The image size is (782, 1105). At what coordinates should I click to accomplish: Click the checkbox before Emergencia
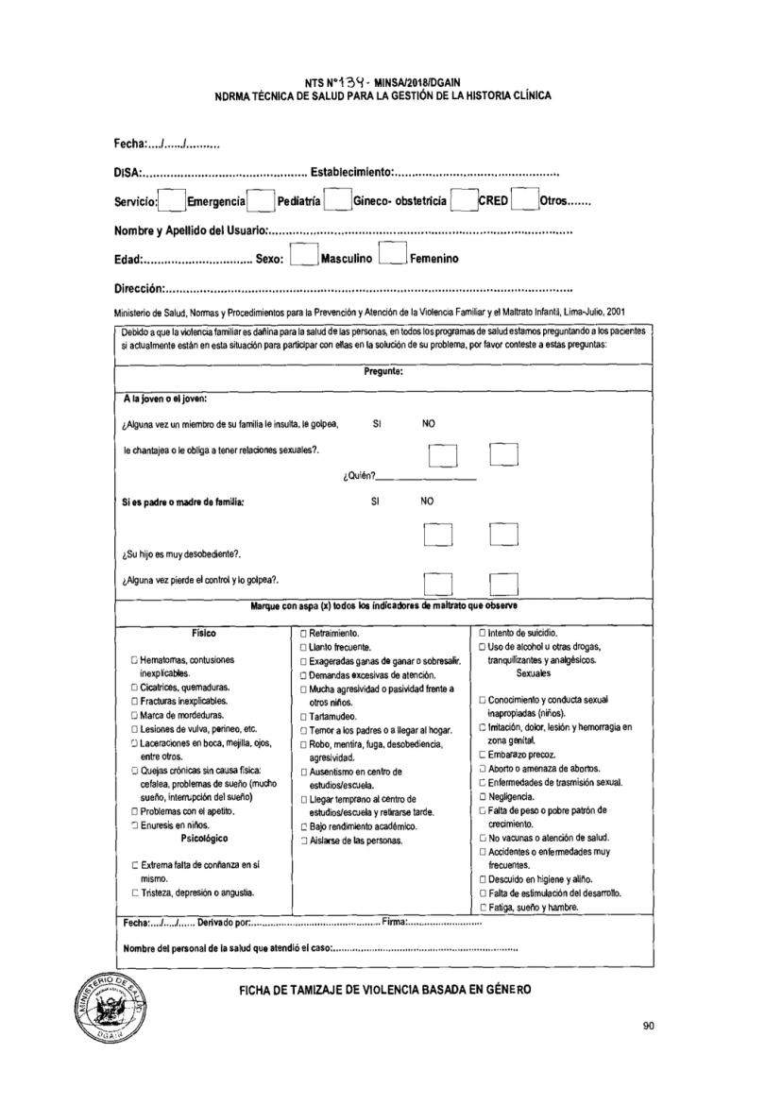[172, 201]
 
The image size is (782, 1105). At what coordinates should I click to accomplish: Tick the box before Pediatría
[262, 201]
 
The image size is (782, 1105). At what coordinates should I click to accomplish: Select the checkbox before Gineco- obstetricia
[337, 201]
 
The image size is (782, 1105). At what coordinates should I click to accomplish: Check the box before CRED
[463, 201]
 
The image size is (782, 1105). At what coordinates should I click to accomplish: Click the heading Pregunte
[383, 371]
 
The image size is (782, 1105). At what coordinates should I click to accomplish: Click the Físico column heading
[203, 633]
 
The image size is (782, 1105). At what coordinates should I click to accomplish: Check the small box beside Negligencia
[483, 796]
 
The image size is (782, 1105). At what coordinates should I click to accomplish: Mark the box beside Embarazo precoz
[483, 755]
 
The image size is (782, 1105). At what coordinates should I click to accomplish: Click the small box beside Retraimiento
[303, 633]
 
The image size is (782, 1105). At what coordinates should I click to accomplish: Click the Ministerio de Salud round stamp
[109, 1004]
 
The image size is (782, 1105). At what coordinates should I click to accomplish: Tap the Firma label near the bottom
[395, 922]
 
